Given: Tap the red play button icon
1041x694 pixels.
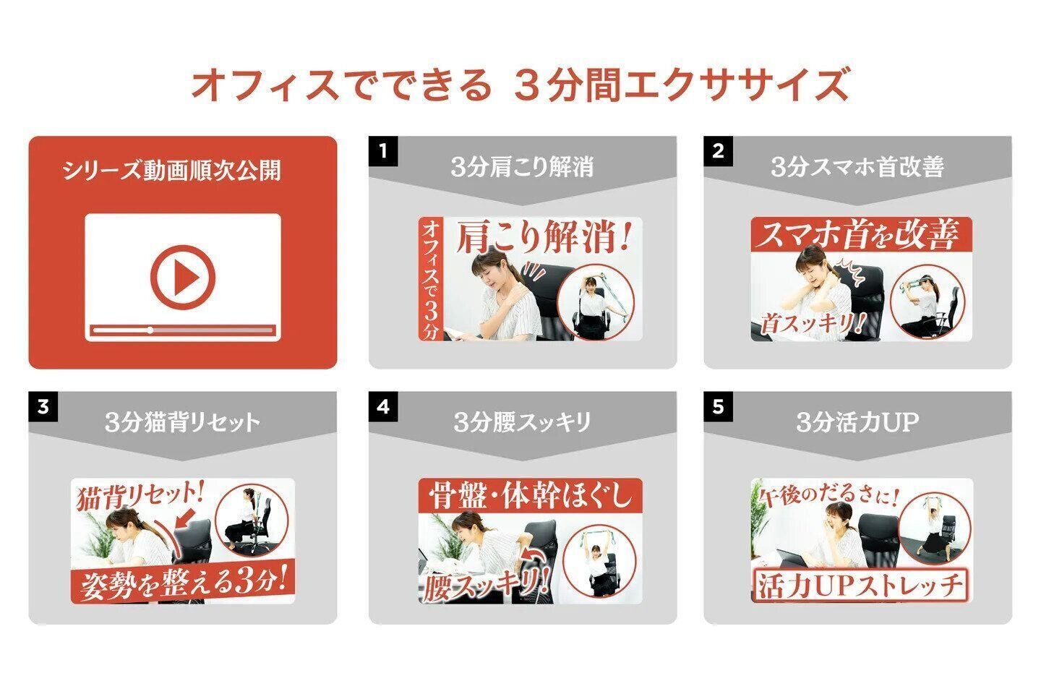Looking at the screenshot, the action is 183,277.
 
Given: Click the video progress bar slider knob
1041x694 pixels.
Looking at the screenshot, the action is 150,330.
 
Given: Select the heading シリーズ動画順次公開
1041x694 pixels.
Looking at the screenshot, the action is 171,171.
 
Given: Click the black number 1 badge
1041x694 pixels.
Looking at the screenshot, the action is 383,151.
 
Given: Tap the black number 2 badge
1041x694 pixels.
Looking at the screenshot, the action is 718,151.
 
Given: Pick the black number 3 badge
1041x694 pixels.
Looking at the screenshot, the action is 43,407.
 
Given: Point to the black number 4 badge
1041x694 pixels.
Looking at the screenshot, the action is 383,407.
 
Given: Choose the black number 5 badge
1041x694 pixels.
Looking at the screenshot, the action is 718,407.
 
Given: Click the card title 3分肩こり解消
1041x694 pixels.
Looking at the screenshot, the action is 522,167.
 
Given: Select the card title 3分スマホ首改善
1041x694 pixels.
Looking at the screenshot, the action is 857,167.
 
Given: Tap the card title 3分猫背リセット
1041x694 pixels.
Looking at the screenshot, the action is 182,422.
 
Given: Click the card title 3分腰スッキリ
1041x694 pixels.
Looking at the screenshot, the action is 522,422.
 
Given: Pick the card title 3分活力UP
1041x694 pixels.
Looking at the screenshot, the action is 857,422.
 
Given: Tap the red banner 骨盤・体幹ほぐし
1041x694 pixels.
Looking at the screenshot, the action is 531,495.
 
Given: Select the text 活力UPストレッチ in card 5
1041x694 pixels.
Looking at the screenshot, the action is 859,586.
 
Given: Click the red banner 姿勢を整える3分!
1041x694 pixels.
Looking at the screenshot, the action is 183,582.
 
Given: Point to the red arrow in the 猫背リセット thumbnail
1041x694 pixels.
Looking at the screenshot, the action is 186,517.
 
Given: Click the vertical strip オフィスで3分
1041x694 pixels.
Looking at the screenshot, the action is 430,279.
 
